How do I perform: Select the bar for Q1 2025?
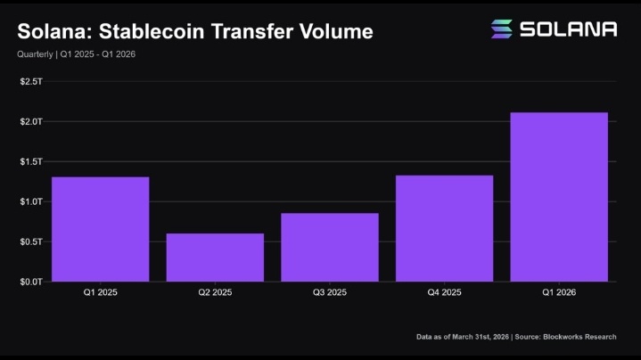click(x=100, y=229)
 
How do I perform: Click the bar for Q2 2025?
click(x=215, y=258)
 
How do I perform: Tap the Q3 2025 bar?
click(x=330, y=247)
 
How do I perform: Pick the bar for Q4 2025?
click(x=444, y=228)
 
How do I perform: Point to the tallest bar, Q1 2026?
click(x=559, y=197)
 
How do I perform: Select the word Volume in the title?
click(x=333, y=32)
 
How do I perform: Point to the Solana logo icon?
click(x=501, y=29)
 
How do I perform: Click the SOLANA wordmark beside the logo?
click(x=569, y=29)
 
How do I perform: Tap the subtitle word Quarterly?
click(x=33, y=54)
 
